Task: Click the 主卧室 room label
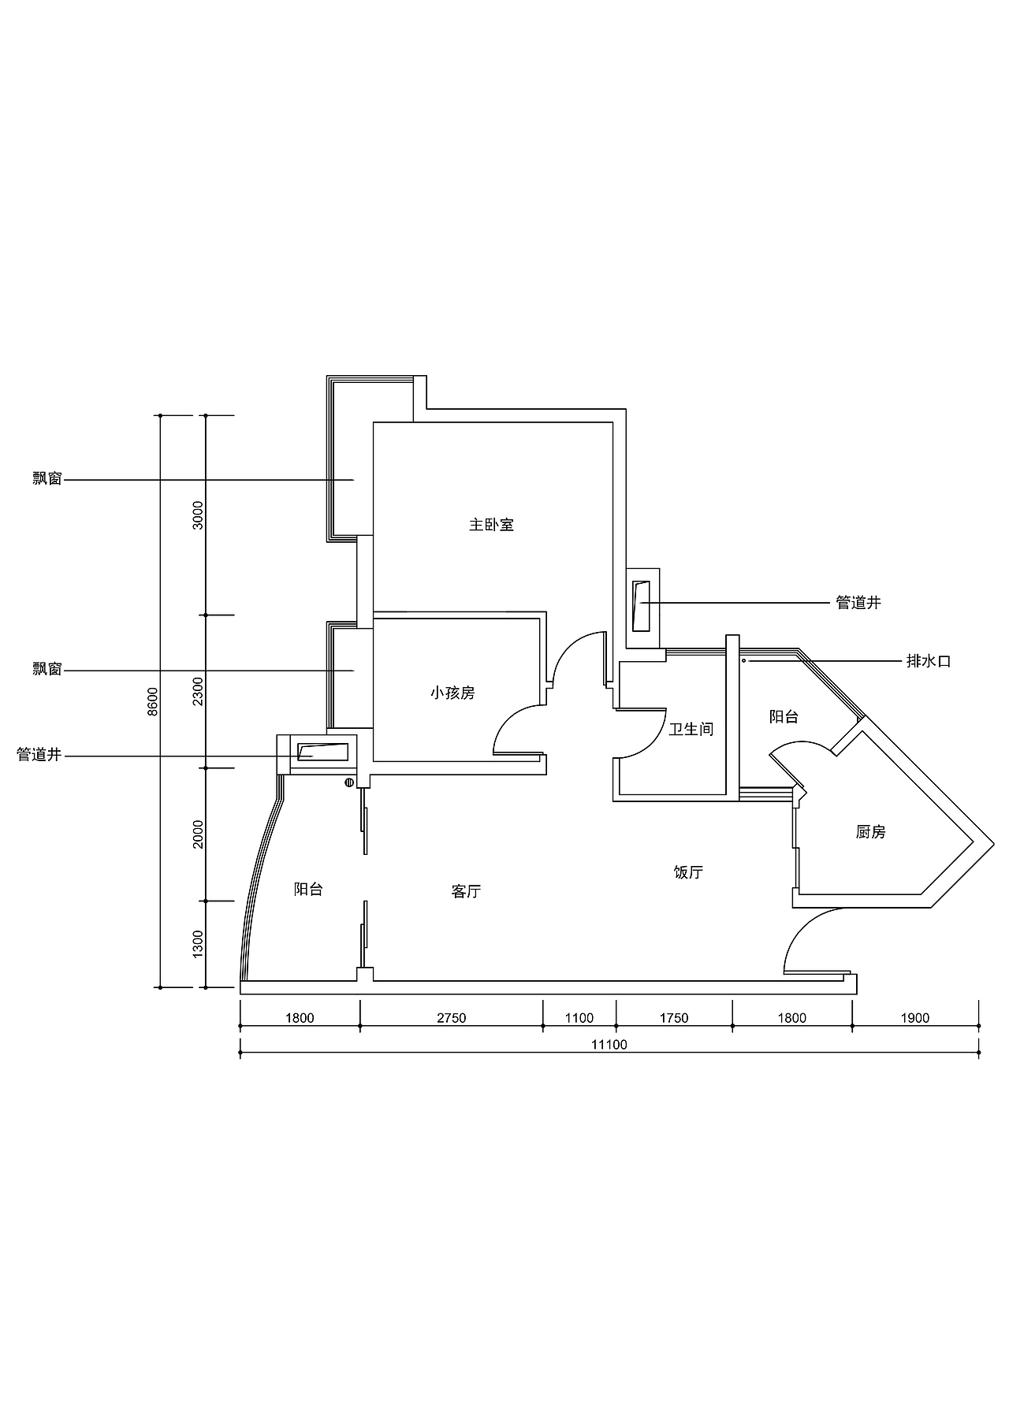tap(491, 525)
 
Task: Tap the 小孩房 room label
tap(452, 693)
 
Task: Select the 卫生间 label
tap(691, 730)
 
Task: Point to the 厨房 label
tap(870, 832)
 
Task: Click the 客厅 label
tap(466, 892)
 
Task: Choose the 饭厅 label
tap(687, 872)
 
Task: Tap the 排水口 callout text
tap(929, 662)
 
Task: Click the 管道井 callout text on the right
tap(858, 604)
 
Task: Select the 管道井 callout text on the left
tap(39, 755)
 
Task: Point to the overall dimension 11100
tap(609, 1045)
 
